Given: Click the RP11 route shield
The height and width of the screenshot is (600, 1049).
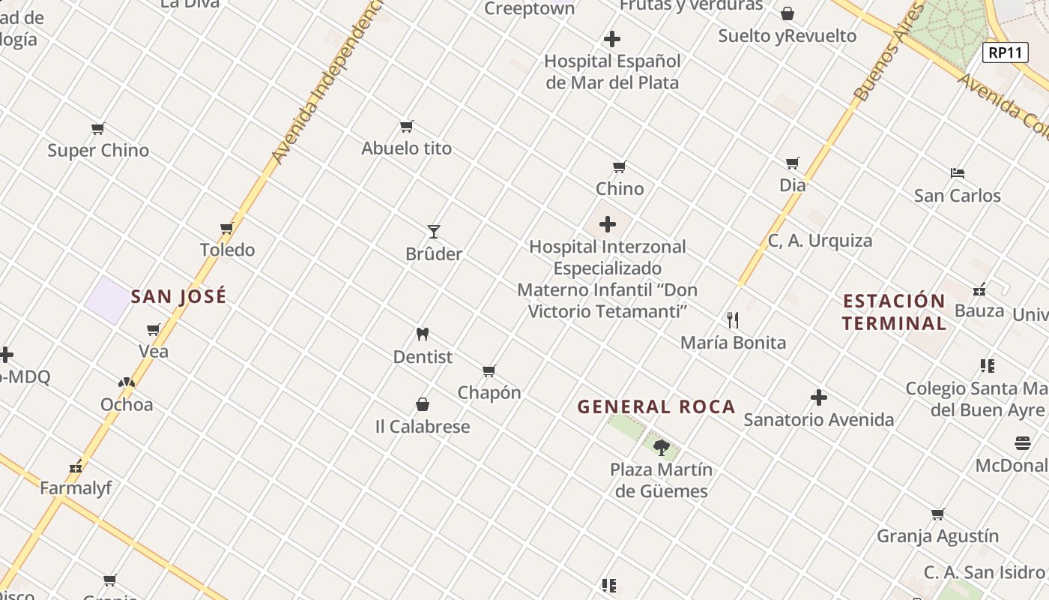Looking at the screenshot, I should [x=1005, y=52].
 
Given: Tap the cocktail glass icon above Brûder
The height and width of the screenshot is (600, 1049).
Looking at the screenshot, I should [x=434, y=231].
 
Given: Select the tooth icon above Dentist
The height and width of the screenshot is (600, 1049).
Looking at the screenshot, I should [x=423, y=334].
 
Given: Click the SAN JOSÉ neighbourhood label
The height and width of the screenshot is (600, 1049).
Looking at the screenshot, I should [x=178, y=296].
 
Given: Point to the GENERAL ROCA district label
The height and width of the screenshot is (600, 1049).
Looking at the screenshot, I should [x=656, y=407].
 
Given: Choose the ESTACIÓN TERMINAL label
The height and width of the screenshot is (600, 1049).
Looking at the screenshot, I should [x=894, y=312].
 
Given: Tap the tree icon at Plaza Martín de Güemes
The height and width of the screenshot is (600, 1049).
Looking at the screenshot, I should [x=661, y=448].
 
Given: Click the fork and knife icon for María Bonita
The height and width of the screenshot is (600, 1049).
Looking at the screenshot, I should [x=733, y=320].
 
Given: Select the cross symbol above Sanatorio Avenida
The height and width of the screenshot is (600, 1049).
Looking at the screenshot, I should [x=819, y=397].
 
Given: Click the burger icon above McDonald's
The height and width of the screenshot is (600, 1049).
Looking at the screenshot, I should [x=1023, y=442].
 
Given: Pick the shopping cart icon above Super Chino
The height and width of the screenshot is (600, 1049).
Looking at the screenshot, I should [x=98, y=128].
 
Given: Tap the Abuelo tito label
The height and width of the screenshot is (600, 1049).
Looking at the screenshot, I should [x=407, y=148].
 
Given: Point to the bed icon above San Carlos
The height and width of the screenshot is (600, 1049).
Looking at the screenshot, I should [x=957, y=173].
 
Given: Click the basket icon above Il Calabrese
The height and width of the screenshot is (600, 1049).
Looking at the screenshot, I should [x=423, y=405].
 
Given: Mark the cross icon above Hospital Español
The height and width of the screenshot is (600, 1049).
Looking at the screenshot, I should [x=612, y=39].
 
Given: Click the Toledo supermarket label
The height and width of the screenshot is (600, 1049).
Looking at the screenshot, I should [x=227, y=250].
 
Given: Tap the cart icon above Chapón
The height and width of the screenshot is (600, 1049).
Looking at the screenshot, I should [x=489, y=370].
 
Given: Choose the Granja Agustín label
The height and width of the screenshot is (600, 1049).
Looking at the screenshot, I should [x=937, y=536].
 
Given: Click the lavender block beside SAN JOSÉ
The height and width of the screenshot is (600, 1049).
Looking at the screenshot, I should [x=106, y=300].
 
